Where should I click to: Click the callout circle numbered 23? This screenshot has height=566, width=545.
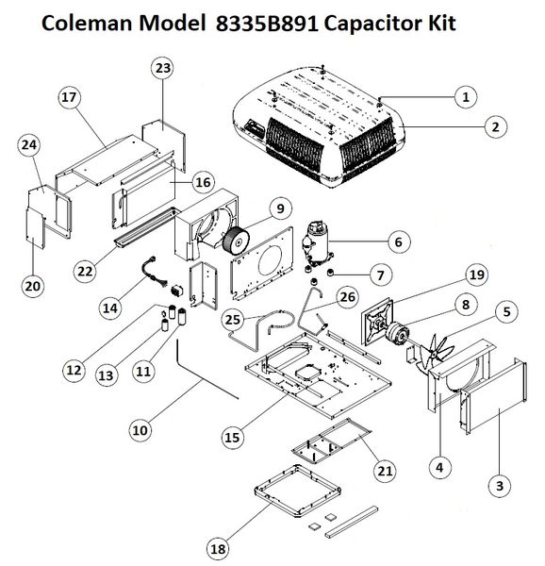tap(163, 68)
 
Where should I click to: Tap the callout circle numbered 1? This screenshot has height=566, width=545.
tap(466, 97)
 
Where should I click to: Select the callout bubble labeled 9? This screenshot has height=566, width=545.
tap(280, 208)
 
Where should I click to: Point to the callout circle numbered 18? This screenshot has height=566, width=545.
tap(218, 549)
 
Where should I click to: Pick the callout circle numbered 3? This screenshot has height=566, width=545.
tap(500, 486)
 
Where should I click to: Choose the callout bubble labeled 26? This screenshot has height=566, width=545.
tap(348, 297)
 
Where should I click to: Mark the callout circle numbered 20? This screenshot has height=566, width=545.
tap(33, 286)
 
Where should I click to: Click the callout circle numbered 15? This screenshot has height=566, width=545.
tap(232, 438)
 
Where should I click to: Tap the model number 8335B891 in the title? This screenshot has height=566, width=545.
tap(267, 24)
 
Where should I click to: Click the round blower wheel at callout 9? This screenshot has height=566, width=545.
tap(237, 241)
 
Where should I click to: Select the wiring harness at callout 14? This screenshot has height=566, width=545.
tap(155, 273)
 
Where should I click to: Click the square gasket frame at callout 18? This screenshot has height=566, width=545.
tap(298, 491)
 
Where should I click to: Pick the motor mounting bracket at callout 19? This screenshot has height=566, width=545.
tap(376, 322)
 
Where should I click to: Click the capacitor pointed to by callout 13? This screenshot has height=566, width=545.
tap(165, 325)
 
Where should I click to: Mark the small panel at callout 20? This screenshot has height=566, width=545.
tap(35, 227)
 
